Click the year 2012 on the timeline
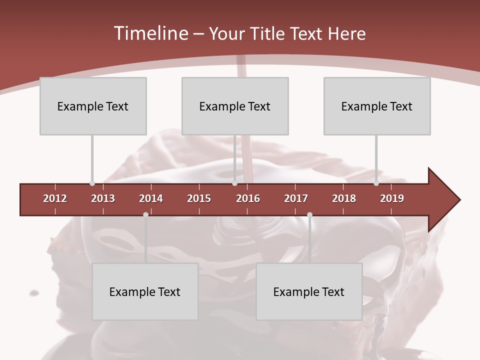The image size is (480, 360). [x=55, y=198]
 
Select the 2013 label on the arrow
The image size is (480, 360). [x=103, y=198]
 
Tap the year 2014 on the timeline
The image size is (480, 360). [x=151, y=198]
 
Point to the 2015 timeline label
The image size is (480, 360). [x=199, y=198]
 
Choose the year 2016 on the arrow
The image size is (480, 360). [x=248, y=198]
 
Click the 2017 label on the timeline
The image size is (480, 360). [x=296, y=198]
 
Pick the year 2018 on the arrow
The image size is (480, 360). [x=344, y=198]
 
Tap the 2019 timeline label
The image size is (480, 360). [x=392, y=198]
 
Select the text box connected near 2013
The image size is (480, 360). [x=93, y=106]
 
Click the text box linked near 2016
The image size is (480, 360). [x=235, y=106]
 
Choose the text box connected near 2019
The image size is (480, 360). [x=377, y=106]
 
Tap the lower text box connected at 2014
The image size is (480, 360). [x=145, y=291]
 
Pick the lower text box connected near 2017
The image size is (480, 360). [x=309, y=291]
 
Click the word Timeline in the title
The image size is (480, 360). [x=150, y=33]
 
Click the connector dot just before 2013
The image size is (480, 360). [x=92, y=183]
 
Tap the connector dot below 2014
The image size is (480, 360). [x=145, y=214]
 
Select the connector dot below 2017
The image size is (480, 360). [x=309, y=214]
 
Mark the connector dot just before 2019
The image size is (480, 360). [x=376, y=183]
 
